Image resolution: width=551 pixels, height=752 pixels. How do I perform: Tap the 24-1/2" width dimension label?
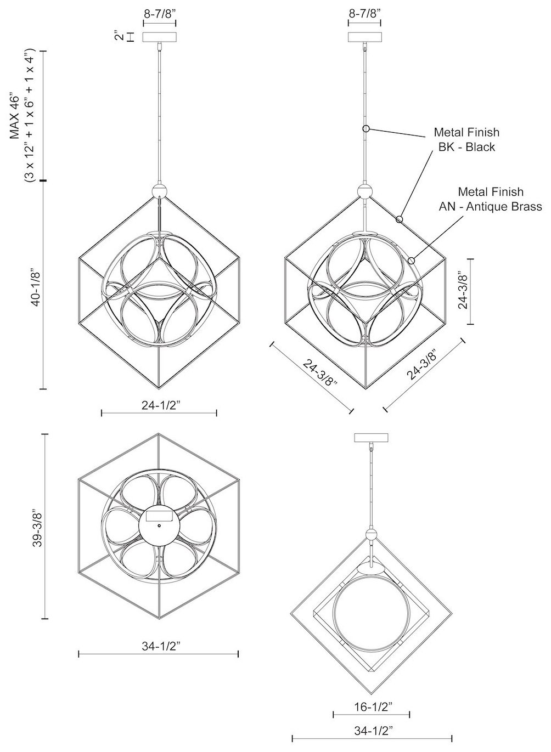[x=161, y=405]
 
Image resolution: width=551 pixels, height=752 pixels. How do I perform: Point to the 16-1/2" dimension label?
[x=373, y=707]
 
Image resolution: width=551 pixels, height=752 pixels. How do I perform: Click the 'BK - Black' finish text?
[x=466, y=147]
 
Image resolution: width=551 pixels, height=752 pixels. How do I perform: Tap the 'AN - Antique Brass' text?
[x=490, y=206]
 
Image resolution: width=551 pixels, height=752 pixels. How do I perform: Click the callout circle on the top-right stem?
[x=366, y=128]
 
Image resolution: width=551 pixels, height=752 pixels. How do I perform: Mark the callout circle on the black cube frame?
[x=399, y=219]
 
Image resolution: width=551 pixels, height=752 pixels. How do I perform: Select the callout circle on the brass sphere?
[x=411, y=261]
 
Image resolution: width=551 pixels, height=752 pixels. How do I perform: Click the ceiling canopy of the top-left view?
[x=160, y=37]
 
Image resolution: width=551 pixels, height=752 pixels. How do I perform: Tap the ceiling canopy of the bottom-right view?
[x=371, y=438]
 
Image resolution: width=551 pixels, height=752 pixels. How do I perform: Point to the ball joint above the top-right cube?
[x=365, y=191]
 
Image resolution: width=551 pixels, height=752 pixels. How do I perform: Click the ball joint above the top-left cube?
[x=160, y=191]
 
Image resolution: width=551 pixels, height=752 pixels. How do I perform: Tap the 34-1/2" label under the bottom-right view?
[x=373, y=731]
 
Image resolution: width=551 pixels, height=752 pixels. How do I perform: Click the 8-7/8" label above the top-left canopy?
[x=160, y=14]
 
